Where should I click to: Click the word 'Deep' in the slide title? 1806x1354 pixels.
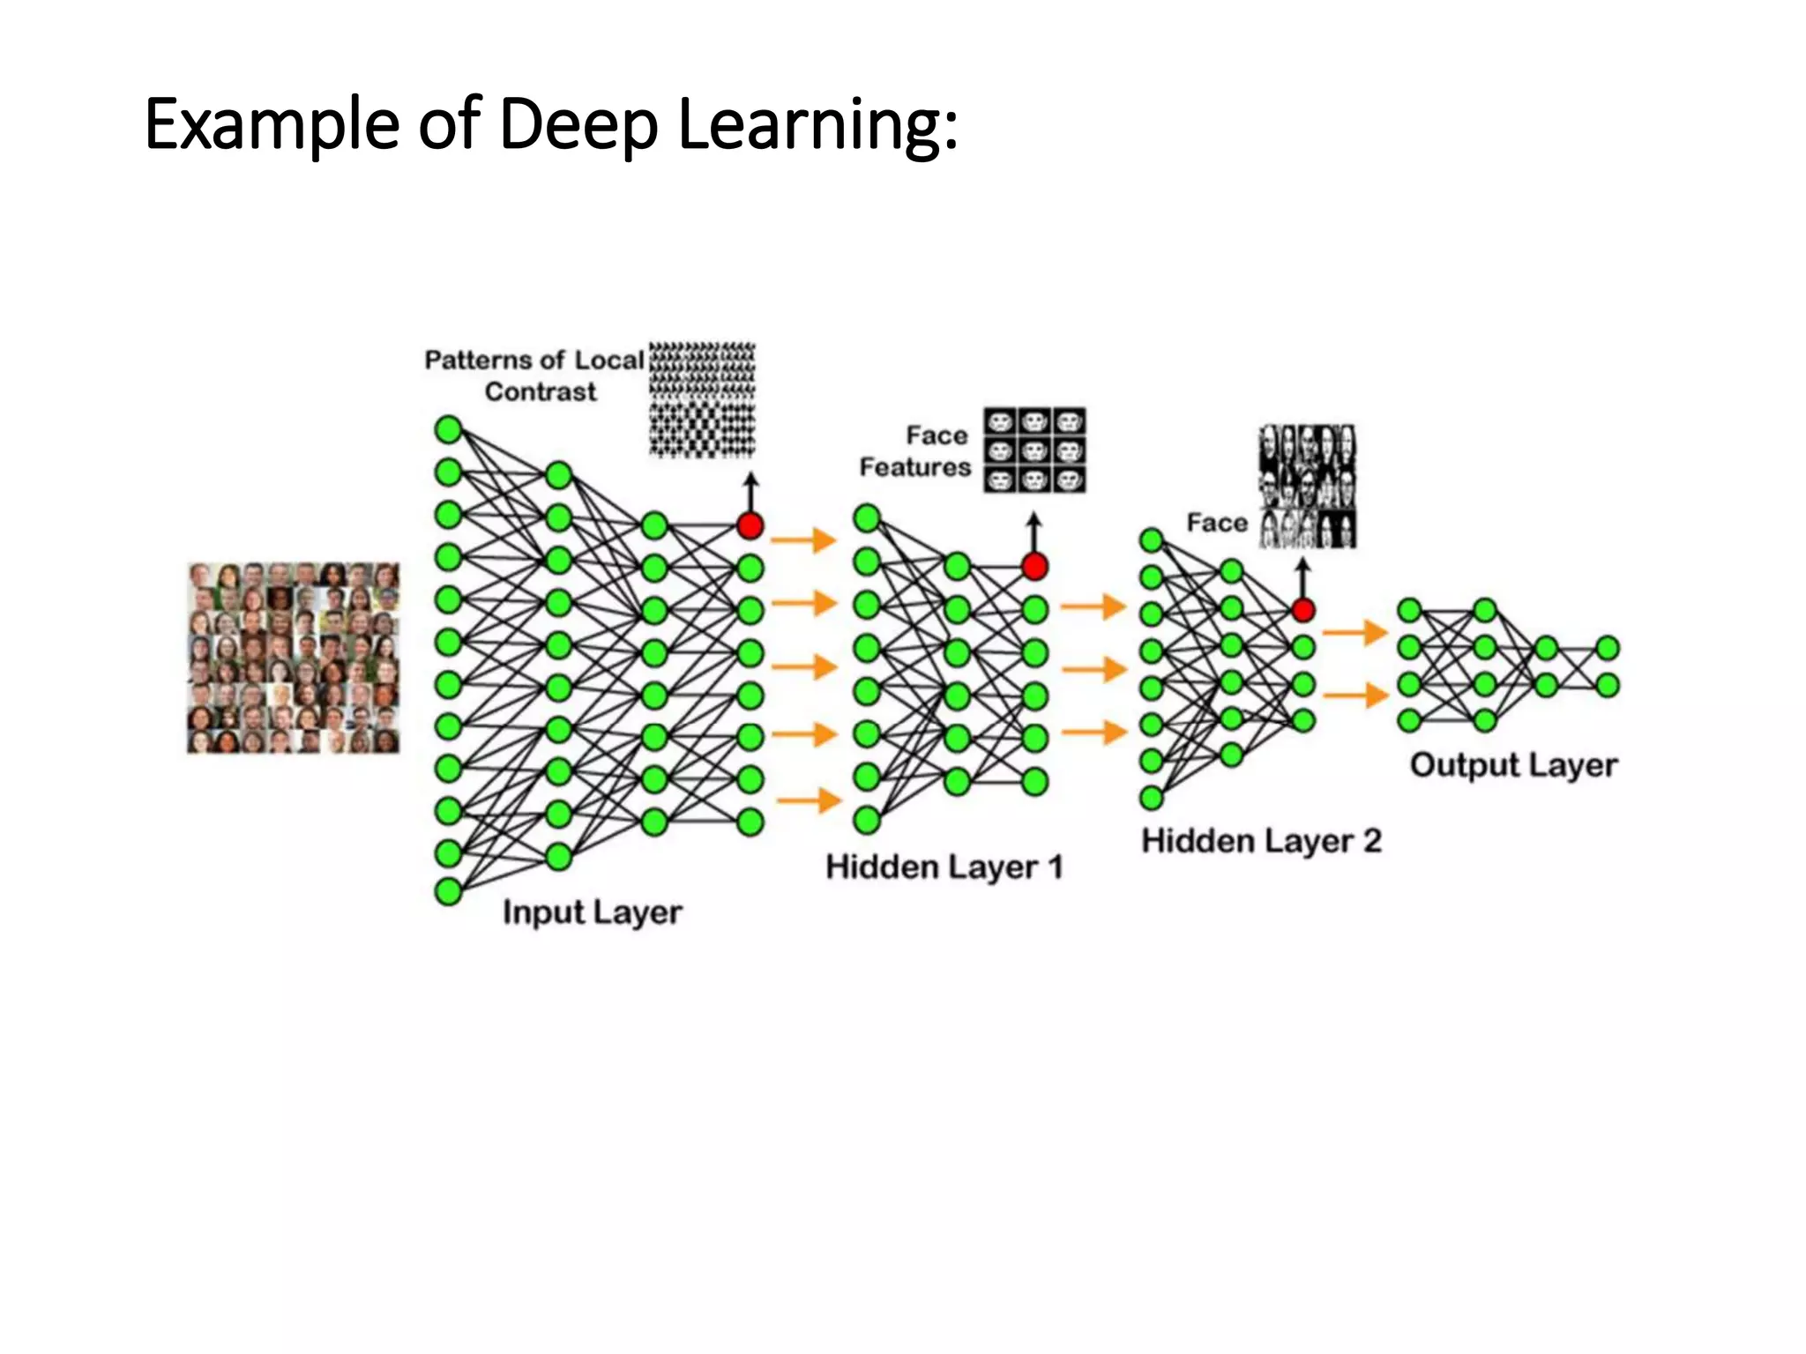pyautogui.click(x=578, y=124)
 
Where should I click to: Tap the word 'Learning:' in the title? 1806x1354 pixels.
pyautogui.click(x=817, y=124)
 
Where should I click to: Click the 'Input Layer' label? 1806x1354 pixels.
pyautogui.click(x=593, y=911)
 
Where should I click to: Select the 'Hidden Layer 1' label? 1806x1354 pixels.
pyautogui.click(x=944, y=867)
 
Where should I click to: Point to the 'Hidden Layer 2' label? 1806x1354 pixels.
pyautogui.click(x=1261, y=841)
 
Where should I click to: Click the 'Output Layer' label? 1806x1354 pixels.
pyautogui.click(x=1513, y=765)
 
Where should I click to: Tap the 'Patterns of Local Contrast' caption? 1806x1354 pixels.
pyautogui.click(x=534, y=376)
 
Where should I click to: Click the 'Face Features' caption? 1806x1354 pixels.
pyautogui.click(x=915, y=451)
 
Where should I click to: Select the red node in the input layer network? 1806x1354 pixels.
pyautogui.click(x=750, y=526)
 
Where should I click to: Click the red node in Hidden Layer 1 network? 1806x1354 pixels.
pyautogui.click(x=1034, y=566)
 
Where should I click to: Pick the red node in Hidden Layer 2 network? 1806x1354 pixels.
pyautogui.click(x=1302, y=609)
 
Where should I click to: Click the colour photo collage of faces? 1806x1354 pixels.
pyautogui.click(x=294, y=658)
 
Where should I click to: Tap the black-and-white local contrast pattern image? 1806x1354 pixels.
pyautogui.click(x=703, y=400)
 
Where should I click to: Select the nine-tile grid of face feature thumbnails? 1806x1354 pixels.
pyautogui.click(x=1034, y=450)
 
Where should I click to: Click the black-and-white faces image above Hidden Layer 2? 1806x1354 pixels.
pyautogui.click(x=1308, y=487)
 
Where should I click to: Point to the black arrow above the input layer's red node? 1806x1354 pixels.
pyautogui.click(x=750, y=491)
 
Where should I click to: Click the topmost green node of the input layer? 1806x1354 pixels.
pyautogui.click(x=448, y=430)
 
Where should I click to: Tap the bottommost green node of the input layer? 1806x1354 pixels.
pyautogui.click(x=448, y=891)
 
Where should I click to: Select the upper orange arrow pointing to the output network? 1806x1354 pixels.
pyautogui.click(x=1355, y=632)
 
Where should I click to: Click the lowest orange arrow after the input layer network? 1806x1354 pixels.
pyautogui.click(x=809, y=800)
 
